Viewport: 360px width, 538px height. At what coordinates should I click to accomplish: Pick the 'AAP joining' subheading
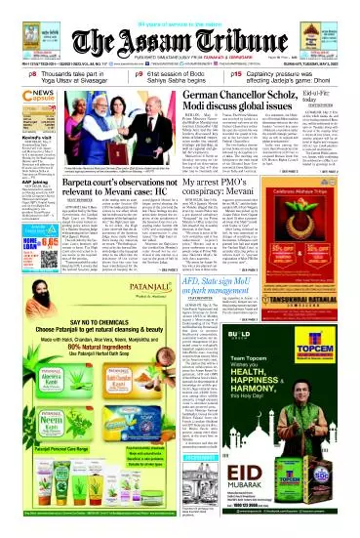pyautogui.click(x=19, y=207)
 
